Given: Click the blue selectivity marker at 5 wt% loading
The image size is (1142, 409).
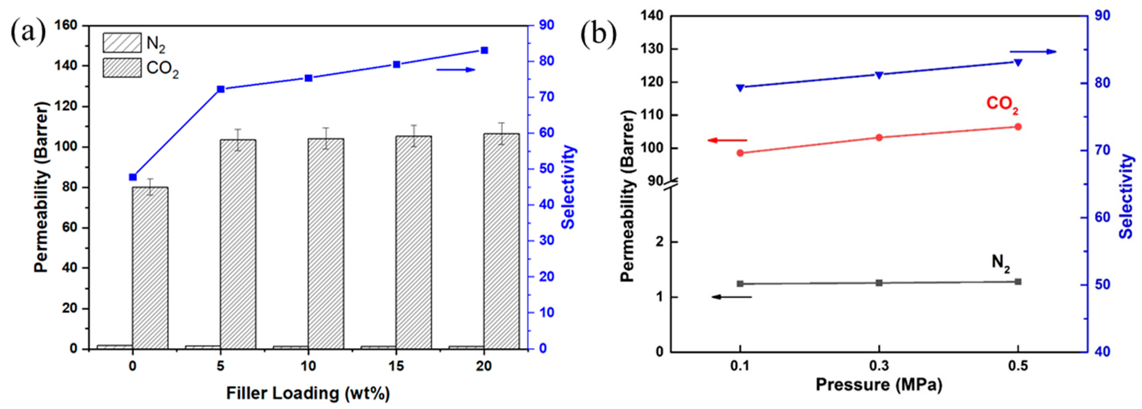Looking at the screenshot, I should pyautogui.click(x=221, y=89).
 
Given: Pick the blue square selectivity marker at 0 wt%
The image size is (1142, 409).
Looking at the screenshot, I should pyautogui.click(x=132, y=177).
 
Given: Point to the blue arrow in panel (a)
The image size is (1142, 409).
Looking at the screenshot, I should pyautogui.click(x=455, y=70).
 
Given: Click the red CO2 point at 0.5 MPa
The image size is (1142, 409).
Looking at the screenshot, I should pyautogui.click(x=1018, y=127).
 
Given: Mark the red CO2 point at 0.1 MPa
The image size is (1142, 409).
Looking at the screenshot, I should pyautogui.click(x=740, y=153).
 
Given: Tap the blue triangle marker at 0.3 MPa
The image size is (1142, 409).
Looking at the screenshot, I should pyautogui.click(x=879, y=75).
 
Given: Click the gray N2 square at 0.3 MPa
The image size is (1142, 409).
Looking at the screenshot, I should pyautogui.click(x=879, y=283).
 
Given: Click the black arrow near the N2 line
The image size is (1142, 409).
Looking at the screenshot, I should pyautogui.click(x=732, y=297).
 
